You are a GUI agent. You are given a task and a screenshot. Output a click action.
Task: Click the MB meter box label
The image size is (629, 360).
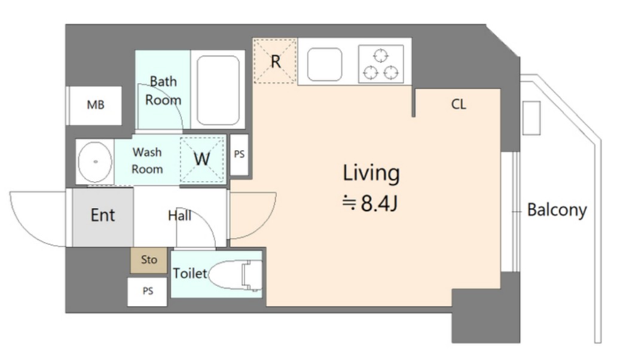[x=96, y=105]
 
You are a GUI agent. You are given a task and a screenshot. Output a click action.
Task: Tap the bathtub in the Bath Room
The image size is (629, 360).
[x=218, y=90]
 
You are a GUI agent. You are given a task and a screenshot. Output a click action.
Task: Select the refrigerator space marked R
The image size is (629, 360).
[x=275, y=61]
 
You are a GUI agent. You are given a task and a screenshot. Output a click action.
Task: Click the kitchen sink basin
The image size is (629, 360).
[x=325, y=64]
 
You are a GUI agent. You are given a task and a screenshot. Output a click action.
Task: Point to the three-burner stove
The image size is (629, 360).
[x=381, y=64]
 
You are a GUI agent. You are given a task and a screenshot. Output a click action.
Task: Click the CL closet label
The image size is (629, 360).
[x=459, y=104]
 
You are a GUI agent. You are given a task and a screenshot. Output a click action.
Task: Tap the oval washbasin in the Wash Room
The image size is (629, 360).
[x=95, y=161]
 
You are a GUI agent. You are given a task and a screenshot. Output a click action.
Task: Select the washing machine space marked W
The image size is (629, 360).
[x=201, y=159]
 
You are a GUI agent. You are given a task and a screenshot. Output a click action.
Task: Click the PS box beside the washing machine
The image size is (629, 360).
[x=240, y=154]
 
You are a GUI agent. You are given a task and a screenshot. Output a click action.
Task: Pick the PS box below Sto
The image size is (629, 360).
[x=147, y=292]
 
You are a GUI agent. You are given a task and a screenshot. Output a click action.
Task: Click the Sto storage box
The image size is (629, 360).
[x=148, y=260]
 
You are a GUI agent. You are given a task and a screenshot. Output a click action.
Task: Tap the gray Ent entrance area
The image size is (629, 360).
[x=103, y=217]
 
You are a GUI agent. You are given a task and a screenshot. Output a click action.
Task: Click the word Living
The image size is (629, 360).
[x=371, y=173]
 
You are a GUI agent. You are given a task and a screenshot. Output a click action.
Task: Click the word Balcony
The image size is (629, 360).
[x=557, y=210]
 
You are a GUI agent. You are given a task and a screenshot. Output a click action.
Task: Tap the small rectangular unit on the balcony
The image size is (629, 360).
[x=532, y=118]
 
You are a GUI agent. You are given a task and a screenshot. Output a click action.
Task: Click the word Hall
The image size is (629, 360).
[x=179, y=216]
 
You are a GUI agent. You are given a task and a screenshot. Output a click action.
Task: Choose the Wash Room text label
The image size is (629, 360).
[x=147, y=160]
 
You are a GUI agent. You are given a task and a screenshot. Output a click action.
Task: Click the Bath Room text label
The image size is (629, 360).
[x=163, y=91]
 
